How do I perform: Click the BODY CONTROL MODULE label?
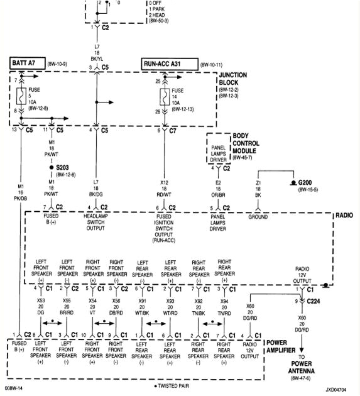coord(250,143)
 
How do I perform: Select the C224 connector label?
coord(314,301)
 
